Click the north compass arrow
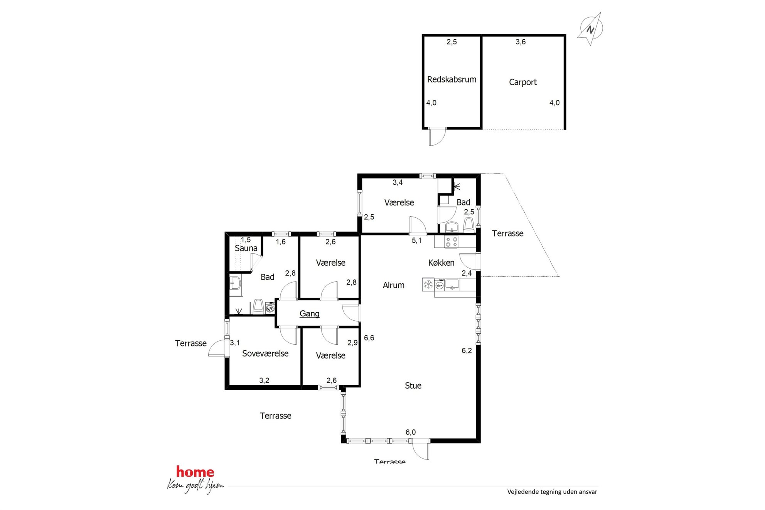click(590, 29)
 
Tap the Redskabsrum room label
click(452, 79)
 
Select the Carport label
click(522, 82)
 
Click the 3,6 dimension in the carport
click(521, 42)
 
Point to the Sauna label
click(246, 248)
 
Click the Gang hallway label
click(310, 314)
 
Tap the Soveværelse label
click(265, 353)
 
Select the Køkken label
click(441, 263)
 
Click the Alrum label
click(393, 285)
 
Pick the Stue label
click(413, 385)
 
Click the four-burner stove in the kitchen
click(452, 242)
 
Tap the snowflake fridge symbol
click(428, 284)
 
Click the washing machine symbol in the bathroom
click(270, 308)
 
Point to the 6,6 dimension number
click(369, 338)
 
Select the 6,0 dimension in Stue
click(411, 432)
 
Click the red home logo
click(195, 471)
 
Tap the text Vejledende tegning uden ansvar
click(552, 491)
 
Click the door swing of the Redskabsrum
click(437, 137)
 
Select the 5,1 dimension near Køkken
click(416, 241)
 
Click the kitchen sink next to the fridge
click(452, 284)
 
